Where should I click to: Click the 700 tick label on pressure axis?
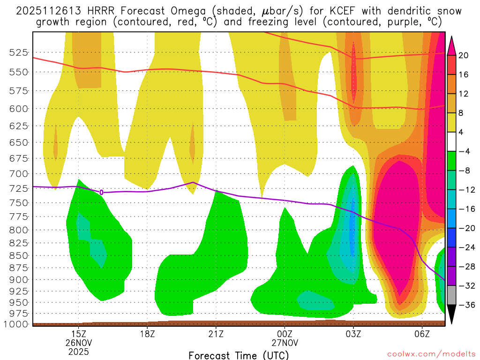[x=18, y=174]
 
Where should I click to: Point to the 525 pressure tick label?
[x=18, y=52]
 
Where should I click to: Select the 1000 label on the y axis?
[x=16, y=324]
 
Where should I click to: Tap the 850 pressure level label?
[x=18, y=256]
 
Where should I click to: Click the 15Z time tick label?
[x=78, y=334]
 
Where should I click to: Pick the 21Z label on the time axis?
[x=216, y=334]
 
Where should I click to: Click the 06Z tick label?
[x=422, y=334]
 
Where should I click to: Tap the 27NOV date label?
[x=285, y=343]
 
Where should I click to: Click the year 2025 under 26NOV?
[x=78, y=351]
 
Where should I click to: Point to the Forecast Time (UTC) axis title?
[x=239, y=355]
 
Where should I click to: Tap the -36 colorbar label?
[x=465, y=305]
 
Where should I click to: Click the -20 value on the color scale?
[x=465, y=228]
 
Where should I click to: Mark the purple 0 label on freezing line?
[x=101, y=192]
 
